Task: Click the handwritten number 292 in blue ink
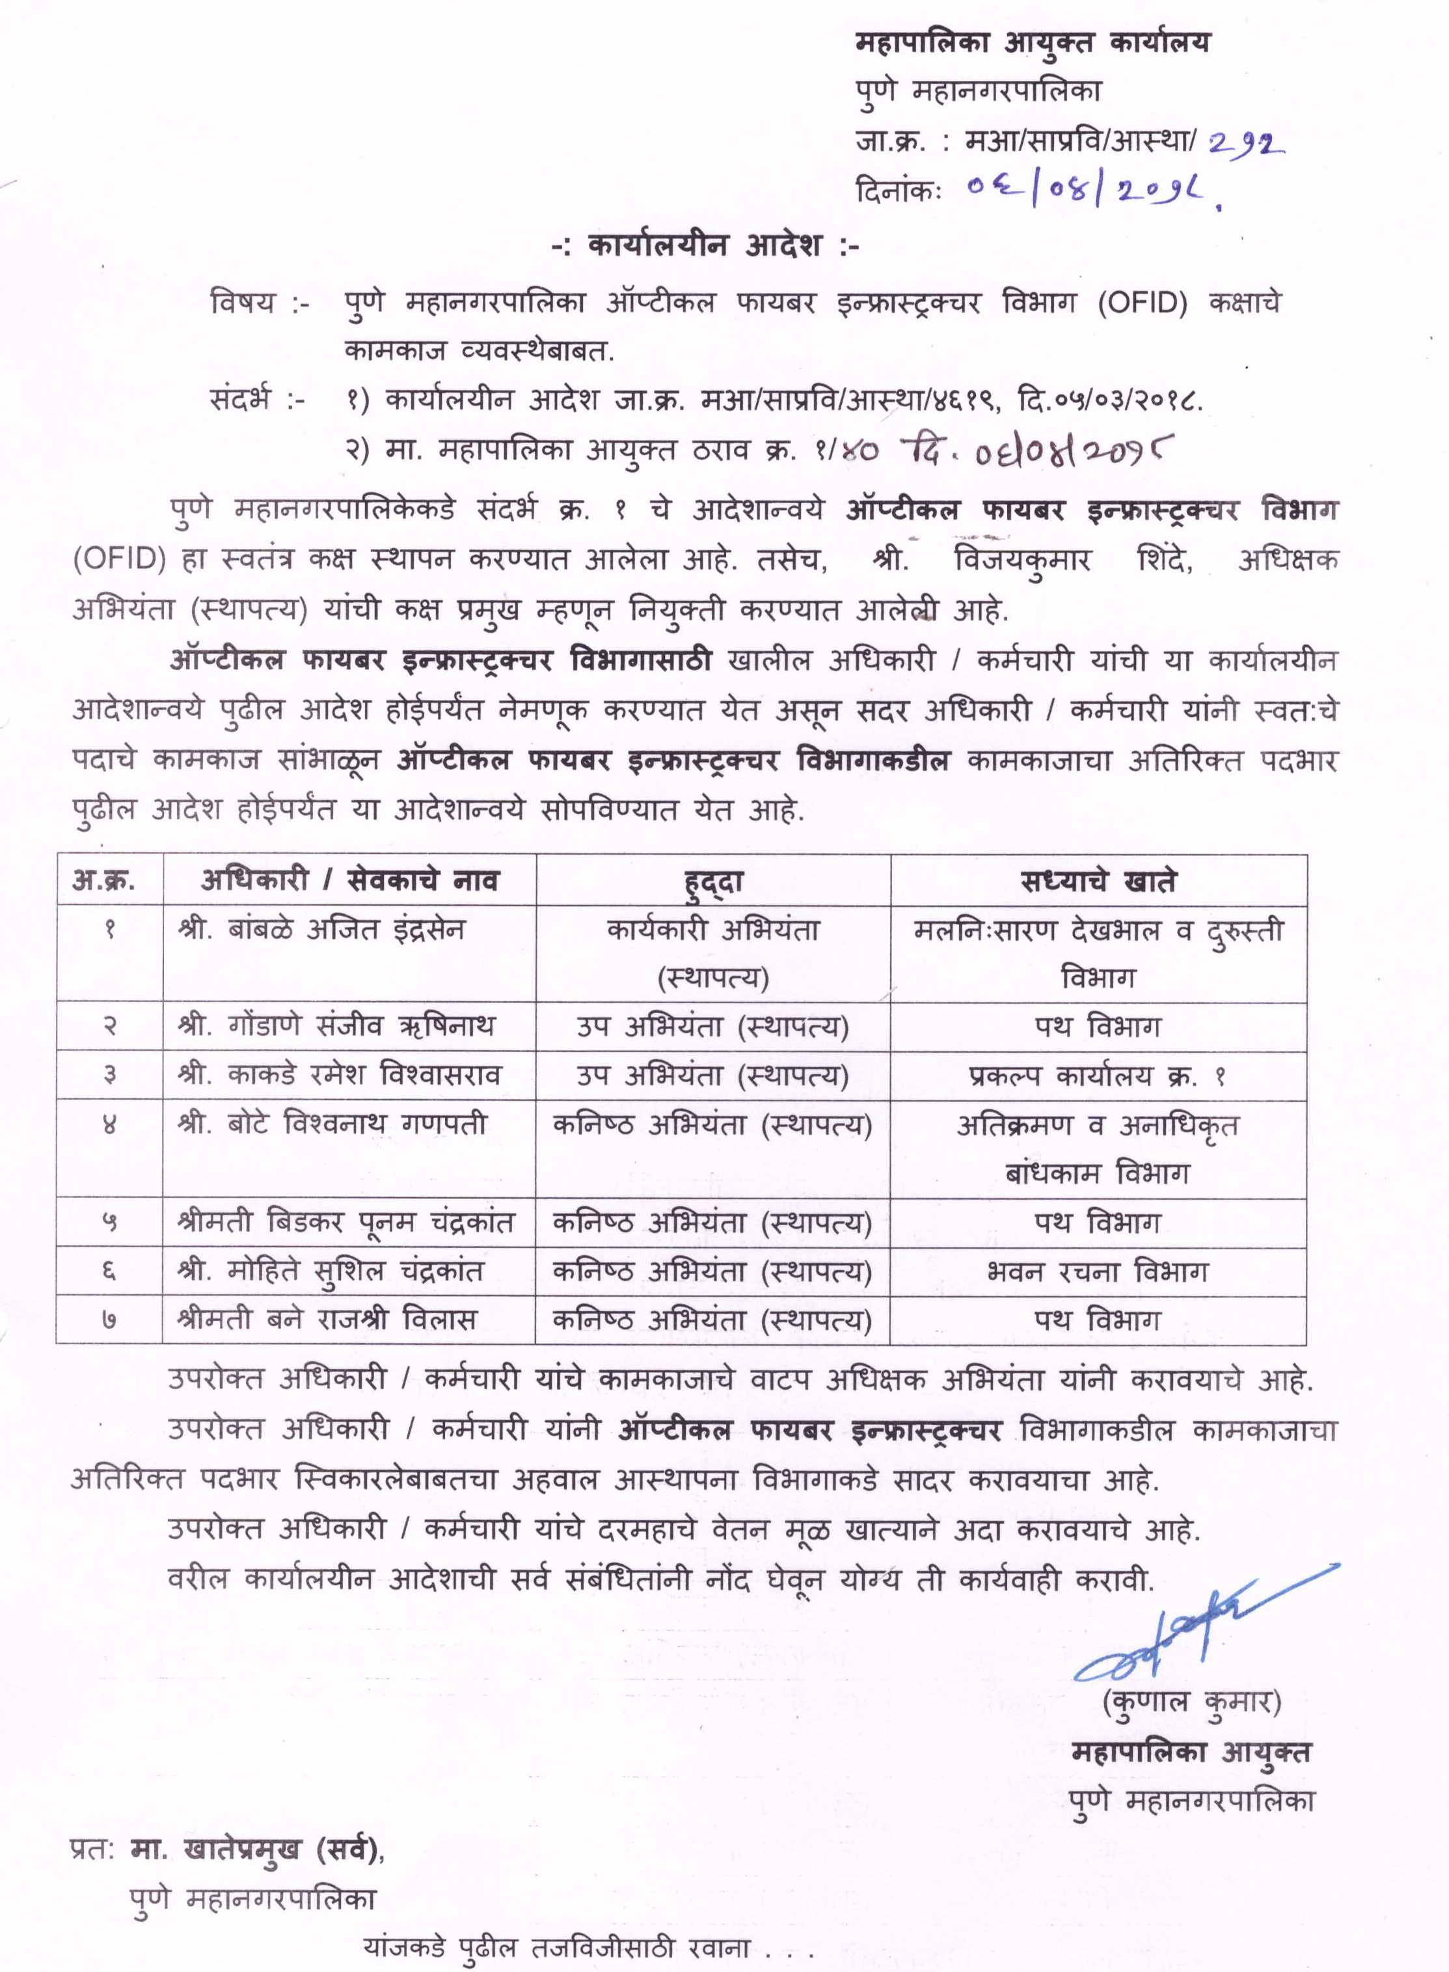[1245, 141]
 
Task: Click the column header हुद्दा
[713, 880]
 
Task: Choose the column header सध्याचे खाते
[1098, 880]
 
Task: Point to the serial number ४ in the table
[110, 1124]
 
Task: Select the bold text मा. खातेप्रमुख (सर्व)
[256, 1848]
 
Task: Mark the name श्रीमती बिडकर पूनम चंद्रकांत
[345, 1223]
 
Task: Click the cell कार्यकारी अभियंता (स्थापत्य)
[713, 953]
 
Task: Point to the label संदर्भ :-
[258, 400]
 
